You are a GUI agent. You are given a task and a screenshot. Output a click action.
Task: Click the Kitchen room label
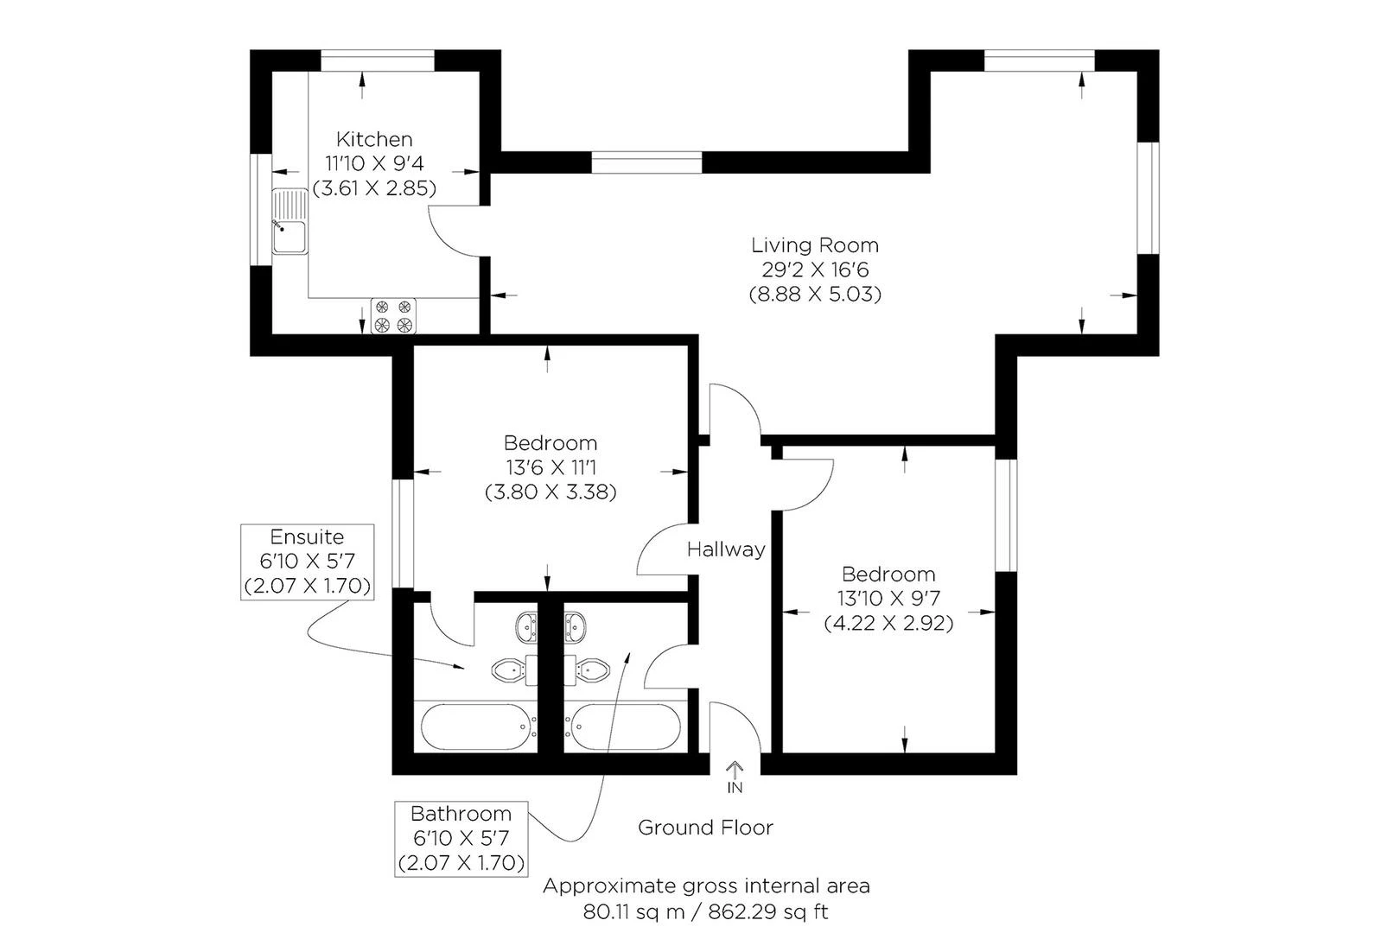[374, 139]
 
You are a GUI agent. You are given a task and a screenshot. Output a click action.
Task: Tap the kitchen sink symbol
[290, 223]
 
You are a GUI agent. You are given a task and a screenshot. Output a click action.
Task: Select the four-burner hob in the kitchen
[393, 316]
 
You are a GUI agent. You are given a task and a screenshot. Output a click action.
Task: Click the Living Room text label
[814, 245]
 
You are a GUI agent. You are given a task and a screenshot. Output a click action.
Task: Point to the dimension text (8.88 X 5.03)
[814, 295]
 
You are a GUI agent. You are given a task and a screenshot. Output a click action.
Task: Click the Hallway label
[726, 549]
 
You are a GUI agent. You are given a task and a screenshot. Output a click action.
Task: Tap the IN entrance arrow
[735, 777]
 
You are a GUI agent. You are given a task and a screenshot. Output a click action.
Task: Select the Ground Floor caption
[705, 828]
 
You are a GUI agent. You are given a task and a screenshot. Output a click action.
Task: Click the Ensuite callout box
[308, 562]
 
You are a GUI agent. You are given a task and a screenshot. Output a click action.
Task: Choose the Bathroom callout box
[461, 838]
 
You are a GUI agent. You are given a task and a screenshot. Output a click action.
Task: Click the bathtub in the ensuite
[474, 727]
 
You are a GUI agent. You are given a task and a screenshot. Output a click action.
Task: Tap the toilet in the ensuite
[511, 670]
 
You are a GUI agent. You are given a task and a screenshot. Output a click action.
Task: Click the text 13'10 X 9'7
[888, 598]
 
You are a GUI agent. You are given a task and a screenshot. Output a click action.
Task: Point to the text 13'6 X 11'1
[550, 468]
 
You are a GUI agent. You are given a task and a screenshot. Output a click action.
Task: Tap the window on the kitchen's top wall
[378, 60]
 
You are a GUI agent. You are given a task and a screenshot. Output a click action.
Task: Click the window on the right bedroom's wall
[1005, 515]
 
